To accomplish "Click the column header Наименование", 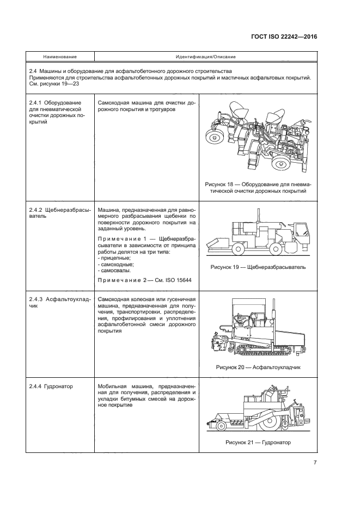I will pyautogui.click(x=60, y=57).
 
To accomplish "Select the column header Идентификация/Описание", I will pyautogui.click(x=205, y=57).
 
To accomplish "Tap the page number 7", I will pyautogui.click(x=315, y=463).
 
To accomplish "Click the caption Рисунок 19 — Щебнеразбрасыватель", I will pyautogui.click(x=258, y=267).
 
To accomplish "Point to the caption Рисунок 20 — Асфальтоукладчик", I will pyautogui.click(x=258, y=367).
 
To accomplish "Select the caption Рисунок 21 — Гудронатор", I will pyautogui.click(x=258, y=442).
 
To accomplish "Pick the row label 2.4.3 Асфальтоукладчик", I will pyautogui.click(x=59, y=303).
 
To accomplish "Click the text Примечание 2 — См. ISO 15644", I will pyautogui.click(x=147, y=280).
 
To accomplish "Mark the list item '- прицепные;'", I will pyautogui.click(x=114, y=257).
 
